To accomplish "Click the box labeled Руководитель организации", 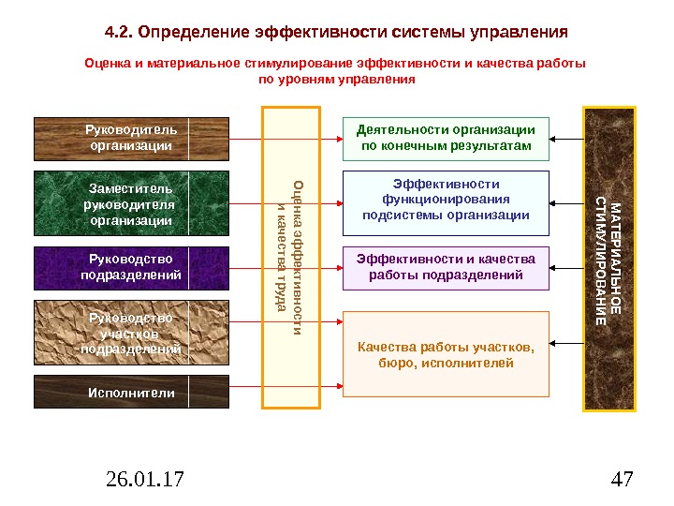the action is tap(131, 139).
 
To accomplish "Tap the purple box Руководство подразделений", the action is tap(131, 267).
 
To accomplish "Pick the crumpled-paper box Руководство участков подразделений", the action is tap(131, 334).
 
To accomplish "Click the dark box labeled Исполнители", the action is tap(131, 393).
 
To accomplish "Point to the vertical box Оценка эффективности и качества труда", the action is tap(291, 258).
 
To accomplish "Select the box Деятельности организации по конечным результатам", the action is tap(446, 139).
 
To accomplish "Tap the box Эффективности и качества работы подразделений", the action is tap(446, 267).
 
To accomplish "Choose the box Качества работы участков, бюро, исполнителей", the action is tap(446, 354).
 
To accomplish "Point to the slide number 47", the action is tap(621, 481).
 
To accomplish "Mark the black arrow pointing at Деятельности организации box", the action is tap(565, 139).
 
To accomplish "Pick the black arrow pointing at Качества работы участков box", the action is tap(565, 343).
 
